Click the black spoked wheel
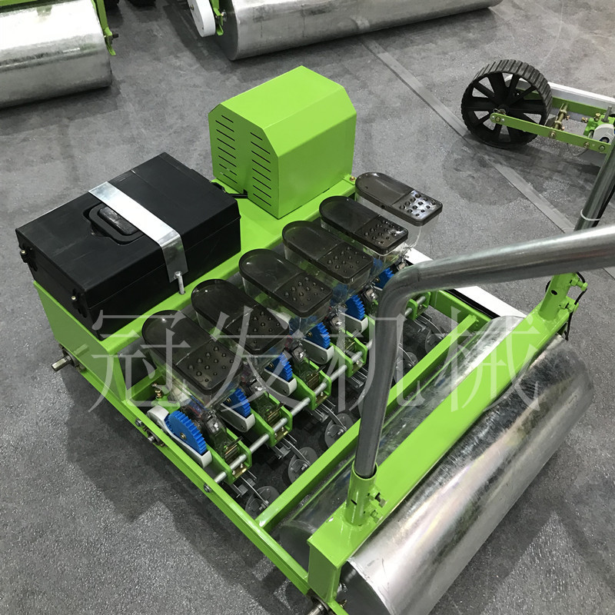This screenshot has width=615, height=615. pyautogui.click(x=507, y=103)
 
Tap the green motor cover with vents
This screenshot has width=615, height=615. pyautogui.click(x=282, y=141)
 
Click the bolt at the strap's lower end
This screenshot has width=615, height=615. pyautogui.click(x=180, y=282)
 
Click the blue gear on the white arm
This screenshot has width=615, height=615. pyautogui.click(x=187, y=431)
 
